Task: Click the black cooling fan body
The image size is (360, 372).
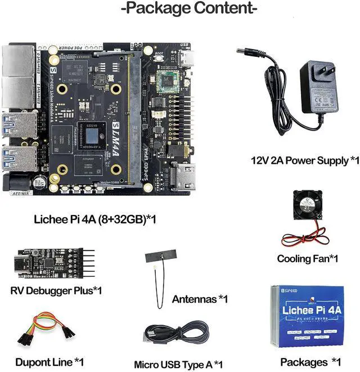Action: [x=307, y=208]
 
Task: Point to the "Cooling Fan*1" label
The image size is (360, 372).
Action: [x=307, y=259]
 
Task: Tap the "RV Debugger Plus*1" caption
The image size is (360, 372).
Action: [x=56, y=290]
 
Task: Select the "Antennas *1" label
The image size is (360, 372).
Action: [x=200, y=299]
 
